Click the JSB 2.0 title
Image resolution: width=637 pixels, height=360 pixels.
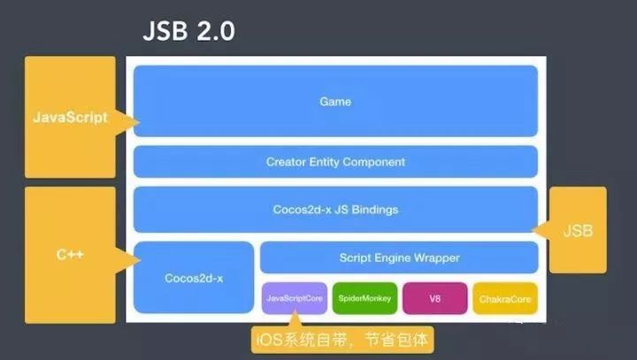pos(188,34)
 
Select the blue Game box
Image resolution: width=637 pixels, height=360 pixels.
pos(335,101)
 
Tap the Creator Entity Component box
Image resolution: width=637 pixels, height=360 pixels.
pos(335,162)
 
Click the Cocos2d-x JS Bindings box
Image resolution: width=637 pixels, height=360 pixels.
pos(335,210)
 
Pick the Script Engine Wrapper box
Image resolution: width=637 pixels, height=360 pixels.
pos(399,257)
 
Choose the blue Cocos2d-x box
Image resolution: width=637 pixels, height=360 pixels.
pos(194,277)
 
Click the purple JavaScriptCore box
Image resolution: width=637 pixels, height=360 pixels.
pos(294,299)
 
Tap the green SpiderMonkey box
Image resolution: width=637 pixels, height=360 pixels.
pos(364,299)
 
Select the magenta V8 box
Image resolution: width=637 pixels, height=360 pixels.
pos(434,299)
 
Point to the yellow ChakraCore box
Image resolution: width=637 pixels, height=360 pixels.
pos(503,299)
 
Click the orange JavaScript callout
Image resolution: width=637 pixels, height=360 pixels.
pos(70,117)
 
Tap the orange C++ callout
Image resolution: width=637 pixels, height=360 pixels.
pos(70,254)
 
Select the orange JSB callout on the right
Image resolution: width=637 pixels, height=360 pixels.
pos(578,230)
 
